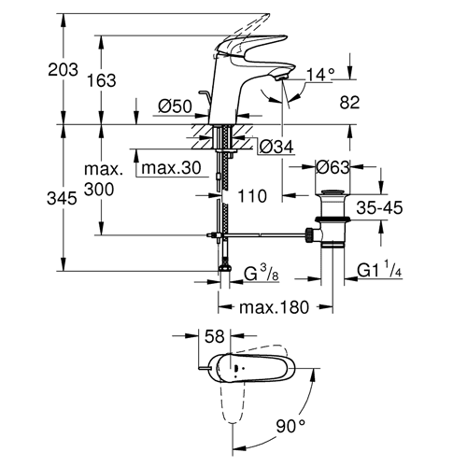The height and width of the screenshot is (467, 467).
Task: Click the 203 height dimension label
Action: click(63, 69)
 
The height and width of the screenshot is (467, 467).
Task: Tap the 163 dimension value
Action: click(102, 80)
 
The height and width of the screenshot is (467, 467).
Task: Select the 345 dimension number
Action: click(62, 198)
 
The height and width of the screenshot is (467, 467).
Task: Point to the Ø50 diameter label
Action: click(175, 106)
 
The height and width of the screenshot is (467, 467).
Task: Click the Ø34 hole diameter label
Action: click(276, 147)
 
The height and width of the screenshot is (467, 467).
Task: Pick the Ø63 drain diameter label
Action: click(333, 168)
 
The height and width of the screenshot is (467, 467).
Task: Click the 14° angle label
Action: click(320, 75)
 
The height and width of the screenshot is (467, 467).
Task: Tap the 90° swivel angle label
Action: click(290, 426)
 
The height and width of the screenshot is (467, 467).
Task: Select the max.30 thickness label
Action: click(171, 168)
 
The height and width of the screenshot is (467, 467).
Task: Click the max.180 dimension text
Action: click(274, 307)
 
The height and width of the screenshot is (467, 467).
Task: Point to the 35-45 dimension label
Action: click(379, 207)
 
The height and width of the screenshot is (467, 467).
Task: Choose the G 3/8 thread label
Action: click(262, 273)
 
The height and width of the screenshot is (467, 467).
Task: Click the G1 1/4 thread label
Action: click(379, 269)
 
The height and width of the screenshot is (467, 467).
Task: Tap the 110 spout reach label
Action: click(252, 196)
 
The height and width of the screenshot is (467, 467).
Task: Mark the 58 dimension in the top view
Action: click(215, 336)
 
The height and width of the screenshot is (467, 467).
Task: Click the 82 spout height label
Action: click(349, 103)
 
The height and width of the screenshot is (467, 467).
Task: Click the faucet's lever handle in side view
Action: click(250, 47)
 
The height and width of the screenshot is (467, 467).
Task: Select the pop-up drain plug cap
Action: click(333, 192)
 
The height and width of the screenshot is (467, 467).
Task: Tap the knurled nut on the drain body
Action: click(309, 235)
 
